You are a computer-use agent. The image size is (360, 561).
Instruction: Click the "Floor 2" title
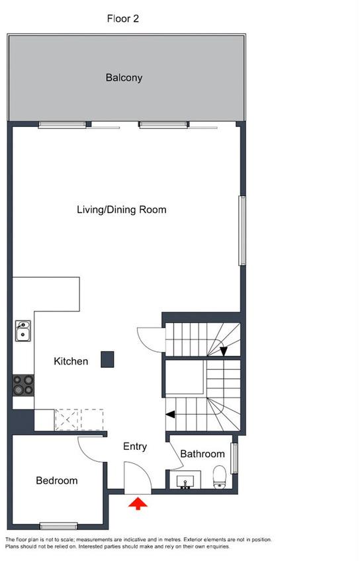(x=122, y=19)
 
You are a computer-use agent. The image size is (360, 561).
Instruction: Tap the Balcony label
(x=124, y=77)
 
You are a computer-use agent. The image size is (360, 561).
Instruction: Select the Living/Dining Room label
(x=122, y=210)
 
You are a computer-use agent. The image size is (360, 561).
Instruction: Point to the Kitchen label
(x=71, y=361)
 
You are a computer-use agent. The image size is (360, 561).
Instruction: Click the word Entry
(x=135, y=447)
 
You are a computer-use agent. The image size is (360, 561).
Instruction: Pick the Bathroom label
(x=202, y=454)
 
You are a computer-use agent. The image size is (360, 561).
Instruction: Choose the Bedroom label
(x=57, y=480)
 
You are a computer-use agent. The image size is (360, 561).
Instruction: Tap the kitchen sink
(x=23, y=331)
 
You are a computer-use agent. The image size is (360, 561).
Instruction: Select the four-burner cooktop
(x=24, y=385)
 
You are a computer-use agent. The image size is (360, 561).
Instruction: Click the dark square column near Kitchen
(x=107, y=360)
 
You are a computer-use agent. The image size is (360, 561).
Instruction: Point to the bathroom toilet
(x=219, y=477)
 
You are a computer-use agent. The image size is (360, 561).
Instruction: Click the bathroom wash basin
(x=185, y=481)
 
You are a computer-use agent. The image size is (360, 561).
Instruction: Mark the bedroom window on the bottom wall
(x=59, y=526)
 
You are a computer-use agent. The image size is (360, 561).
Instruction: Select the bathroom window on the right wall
(x=234, y=458)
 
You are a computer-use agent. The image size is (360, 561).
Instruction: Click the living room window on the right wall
(x=242, y=231)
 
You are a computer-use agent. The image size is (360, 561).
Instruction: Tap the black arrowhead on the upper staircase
(x=224, y=352)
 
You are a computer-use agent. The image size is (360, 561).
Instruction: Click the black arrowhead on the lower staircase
(x=170, y=414)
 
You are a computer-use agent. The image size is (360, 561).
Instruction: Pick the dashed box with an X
(x=66, y=419)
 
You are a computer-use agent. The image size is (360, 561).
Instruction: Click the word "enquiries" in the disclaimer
(x=217, y=546)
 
